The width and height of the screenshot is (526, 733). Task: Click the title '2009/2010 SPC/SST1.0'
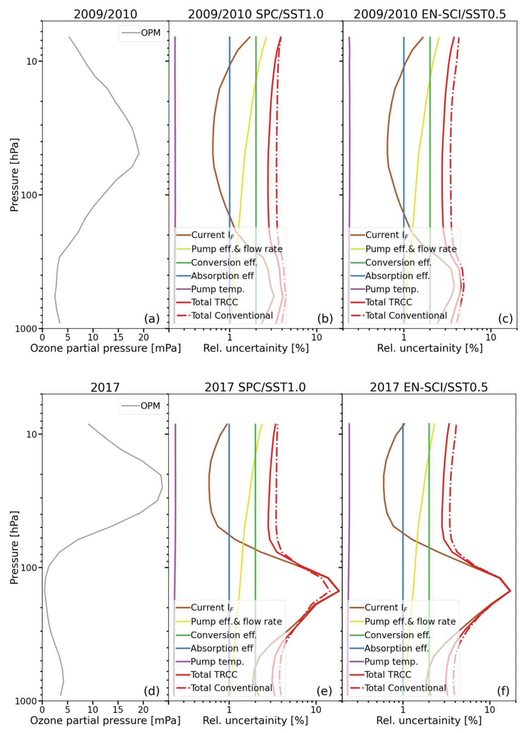pyautogui.click(x=255, y=14)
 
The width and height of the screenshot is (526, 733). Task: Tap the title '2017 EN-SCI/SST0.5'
pyautogui.click(x=429, y=387)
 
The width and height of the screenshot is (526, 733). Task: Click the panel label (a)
pyautogui.click(x=152, y=319)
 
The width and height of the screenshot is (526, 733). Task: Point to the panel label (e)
pyautogui.click(x=324, y=691)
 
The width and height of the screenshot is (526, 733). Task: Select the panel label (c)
pyautogui.click(x=505, y=319)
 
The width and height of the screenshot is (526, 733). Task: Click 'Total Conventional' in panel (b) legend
pyautogui.click(x=232, y=315)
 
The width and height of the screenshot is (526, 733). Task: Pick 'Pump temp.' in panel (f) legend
pyautogui.click(x=391, y=662)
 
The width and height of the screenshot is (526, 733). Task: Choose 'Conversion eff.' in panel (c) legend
pyautogui.click(x=398, y=262)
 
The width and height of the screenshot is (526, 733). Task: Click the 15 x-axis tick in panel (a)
pyautogui.click(x=118, y=337)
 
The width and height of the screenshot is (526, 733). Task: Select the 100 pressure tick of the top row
pyautogui.click(x=29, y=195)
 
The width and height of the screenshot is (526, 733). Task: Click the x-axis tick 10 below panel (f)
pyautogui.click(x=490, y=710)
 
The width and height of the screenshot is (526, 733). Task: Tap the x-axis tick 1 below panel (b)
pyautogui.click(x=230, y=337)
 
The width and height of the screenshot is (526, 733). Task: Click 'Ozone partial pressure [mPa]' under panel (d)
pyautogui.click(x=105, y=721)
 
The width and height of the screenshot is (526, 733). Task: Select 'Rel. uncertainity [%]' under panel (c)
pyautogui.click(x=430, y=348)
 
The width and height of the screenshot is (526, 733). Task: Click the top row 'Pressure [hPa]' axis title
pyautogui.click(x=14, y=175)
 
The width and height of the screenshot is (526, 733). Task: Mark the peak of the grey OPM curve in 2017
pyautogui.click(x=162, y=488)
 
